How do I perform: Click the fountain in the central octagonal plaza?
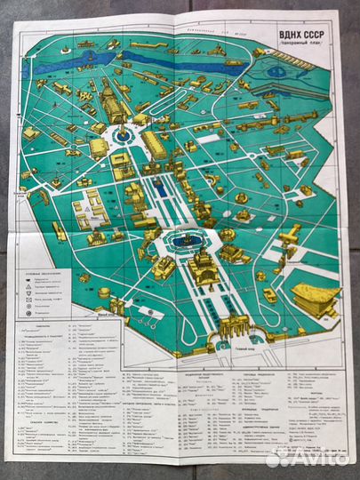(x=185, y=239)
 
